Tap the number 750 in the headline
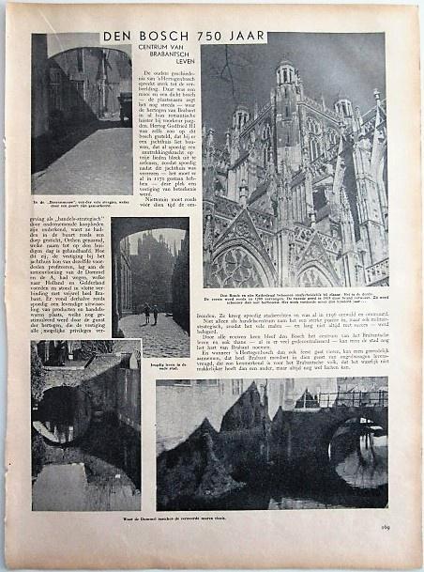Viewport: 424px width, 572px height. (x=211, y=38)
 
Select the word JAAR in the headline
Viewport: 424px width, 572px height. (x=249, y=38)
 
